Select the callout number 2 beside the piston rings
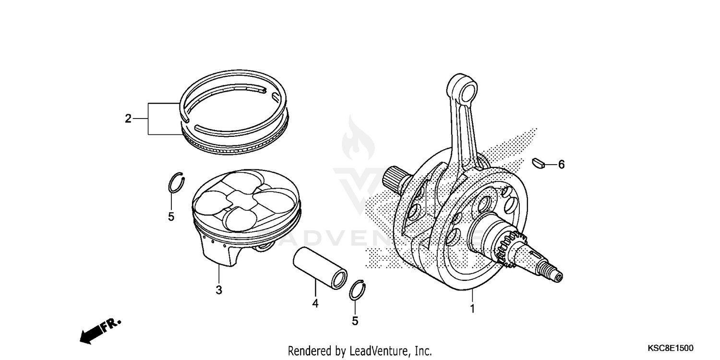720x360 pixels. (128, 119)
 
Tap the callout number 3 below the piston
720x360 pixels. (219, 290)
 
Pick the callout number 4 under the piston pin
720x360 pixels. (315, 303)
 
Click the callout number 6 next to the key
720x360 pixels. (561, 165)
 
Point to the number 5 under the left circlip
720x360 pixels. (171, 216)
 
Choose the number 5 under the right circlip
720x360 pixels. (355, 321)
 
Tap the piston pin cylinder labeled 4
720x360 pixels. (320, 268)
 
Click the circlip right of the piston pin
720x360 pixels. (358, 290)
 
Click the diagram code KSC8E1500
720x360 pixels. (670, 348)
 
